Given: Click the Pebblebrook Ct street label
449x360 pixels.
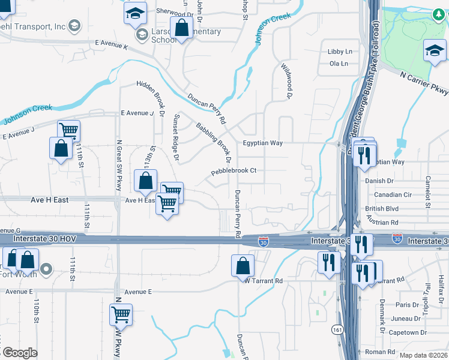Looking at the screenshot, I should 234,170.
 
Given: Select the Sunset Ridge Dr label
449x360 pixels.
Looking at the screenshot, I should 176,137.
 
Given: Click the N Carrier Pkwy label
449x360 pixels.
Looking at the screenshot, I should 424,81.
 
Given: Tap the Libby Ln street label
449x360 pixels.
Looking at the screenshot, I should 340,52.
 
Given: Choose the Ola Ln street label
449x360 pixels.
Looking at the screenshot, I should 339,63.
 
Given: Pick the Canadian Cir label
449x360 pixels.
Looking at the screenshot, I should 393,194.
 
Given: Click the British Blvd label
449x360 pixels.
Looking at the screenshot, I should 382,209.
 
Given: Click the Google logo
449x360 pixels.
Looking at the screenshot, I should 19,353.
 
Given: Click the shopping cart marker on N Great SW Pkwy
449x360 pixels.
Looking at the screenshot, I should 121,313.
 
